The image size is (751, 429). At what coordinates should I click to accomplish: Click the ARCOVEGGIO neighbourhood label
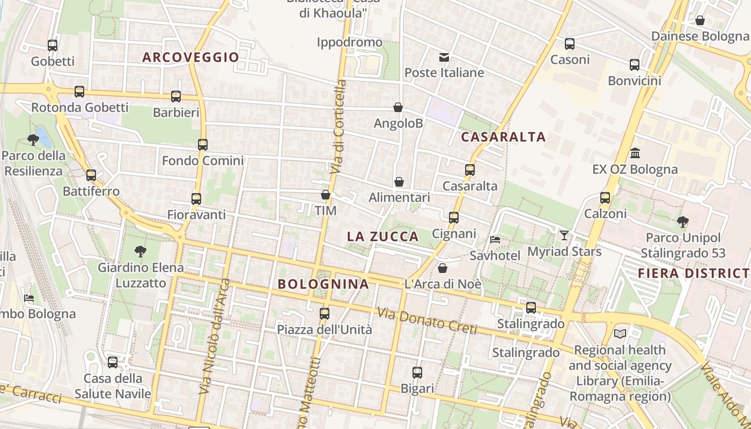[190, 57]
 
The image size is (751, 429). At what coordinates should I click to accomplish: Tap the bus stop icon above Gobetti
[52, 46]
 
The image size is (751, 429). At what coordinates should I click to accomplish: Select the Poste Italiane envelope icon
[444, 57]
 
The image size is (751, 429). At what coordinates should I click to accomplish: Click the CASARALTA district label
[503, 137]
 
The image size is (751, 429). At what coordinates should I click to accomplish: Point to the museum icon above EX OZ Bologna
[635, 153]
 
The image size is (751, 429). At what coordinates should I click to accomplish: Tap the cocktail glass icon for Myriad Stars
[564, 235]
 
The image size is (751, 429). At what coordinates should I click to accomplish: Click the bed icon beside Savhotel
[495, 239]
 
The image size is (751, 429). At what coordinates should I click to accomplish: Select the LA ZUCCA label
[382, 236]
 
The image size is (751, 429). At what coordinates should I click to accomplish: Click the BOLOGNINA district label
[323, 284]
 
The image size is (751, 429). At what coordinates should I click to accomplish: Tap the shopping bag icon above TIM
[326, 195]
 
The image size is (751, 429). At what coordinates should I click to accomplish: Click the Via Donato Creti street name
[426, 321]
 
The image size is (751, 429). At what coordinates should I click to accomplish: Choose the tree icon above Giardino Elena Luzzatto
[141, 251]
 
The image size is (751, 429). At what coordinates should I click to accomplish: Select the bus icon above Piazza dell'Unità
[325, 314]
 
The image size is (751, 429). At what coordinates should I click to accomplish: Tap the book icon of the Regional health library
[620, 334]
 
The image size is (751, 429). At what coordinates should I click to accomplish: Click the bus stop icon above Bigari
[417, 372]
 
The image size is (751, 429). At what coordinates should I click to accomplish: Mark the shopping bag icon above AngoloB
[398, 107]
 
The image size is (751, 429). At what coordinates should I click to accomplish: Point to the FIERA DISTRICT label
[694, 273]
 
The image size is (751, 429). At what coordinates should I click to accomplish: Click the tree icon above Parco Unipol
[683, 221]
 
